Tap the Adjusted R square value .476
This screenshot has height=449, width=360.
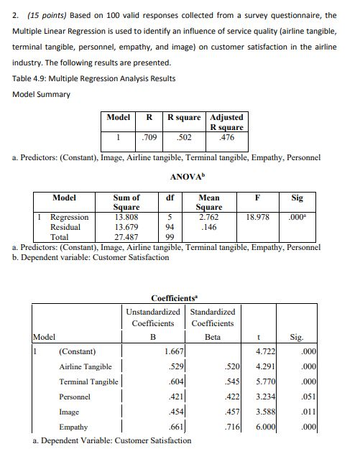pyautogui.click(x=226, y=136)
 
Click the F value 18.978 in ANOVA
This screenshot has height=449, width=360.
pyautogui.click(x=257, y=216)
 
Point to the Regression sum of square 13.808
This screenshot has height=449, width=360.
pyautogui.click(x=126, y=216)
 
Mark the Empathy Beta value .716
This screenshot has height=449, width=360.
pyautogui.click(x=229, y=427)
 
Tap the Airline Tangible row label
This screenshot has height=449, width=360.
pyautogui.click(x=85, y=367)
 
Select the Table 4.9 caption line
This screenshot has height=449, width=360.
pyautogui.click(x=93, y=78)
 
